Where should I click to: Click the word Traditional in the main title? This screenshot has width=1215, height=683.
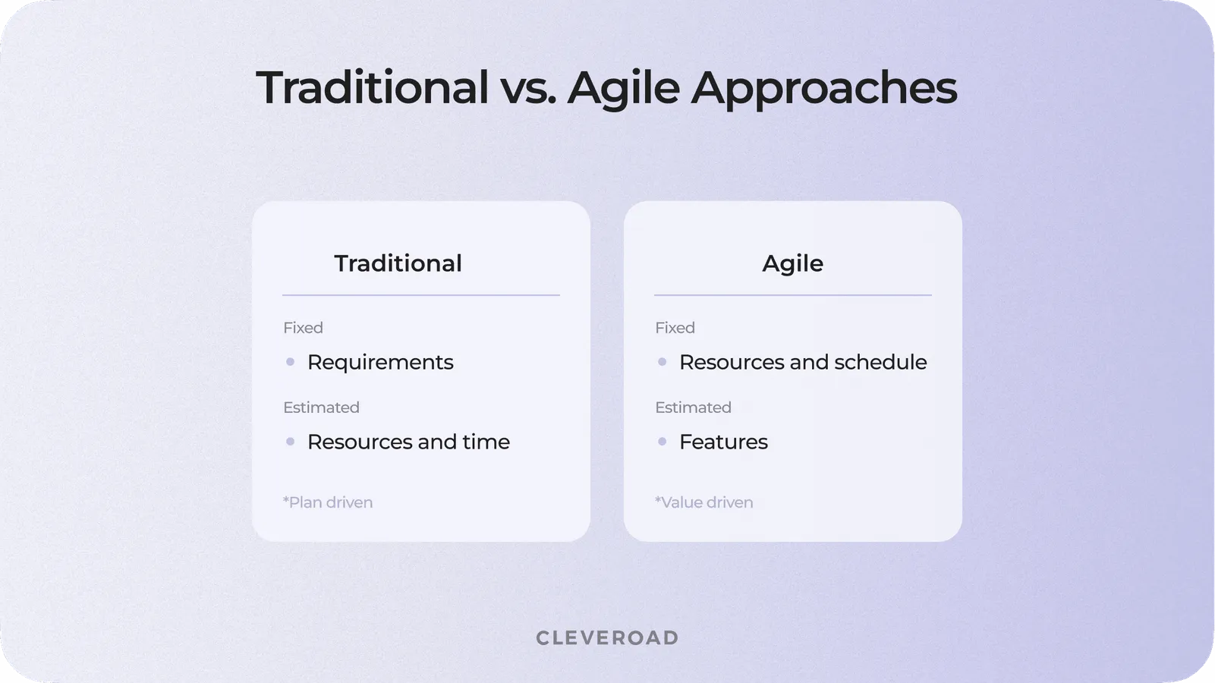(372, 87)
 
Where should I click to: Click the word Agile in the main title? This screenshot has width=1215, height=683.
(623, 87)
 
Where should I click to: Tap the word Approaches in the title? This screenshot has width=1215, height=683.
(823, 87)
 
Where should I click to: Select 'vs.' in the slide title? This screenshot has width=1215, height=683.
(528, 87)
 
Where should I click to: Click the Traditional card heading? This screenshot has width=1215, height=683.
(398, 263)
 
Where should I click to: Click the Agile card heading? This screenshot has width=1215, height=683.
(792, 263)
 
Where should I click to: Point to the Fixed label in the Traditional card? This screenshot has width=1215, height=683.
(303, 328)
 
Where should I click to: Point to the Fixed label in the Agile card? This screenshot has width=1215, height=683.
(675, 328)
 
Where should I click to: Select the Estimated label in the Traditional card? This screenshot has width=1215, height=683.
(321, 408)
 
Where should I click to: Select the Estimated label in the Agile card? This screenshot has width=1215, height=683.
(693, 408)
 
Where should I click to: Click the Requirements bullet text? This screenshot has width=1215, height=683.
(380, 362)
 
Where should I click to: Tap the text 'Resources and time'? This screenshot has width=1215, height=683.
(408, 442)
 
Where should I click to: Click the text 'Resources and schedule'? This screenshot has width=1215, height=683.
(803, 362)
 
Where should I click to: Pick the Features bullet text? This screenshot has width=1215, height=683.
(723, 442)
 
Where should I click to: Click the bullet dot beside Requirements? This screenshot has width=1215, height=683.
(290, 362)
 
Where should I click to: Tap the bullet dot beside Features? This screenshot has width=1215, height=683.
(662, 442)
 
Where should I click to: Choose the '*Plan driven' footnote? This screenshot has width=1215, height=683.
(328, 502)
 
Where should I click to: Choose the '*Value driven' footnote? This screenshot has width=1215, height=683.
(704, 502)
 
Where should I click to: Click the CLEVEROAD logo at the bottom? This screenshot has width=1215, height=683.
(607, 637)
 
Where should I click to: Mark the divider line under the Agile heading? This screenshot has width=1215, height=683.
(792, 295)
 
